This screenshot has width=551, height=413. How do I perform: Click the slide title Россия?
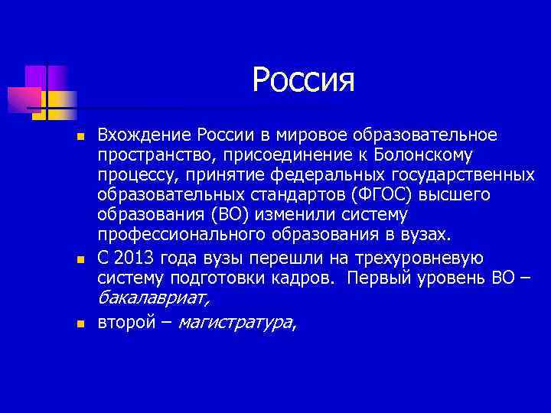pyautogui.click(x=304, y=80)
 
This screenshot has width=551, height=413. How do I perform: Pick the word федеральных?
pyautogui.click(x=329, y=176)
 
